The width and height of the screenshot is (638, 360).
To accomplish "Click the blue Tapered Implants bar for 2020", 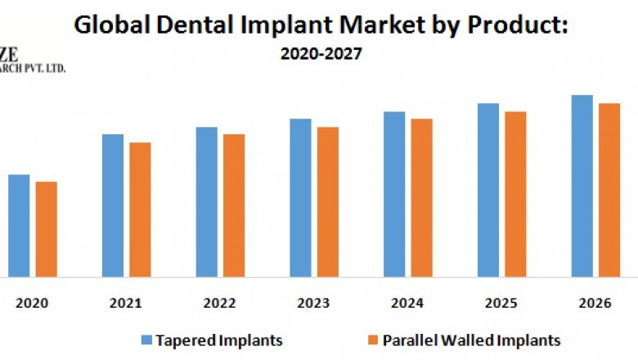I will [19, 225].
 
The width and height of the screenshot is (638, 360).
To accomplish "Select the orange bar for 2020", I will [47, 229].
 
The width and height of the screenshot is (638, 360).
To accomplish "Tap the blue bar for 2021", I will [113, 205].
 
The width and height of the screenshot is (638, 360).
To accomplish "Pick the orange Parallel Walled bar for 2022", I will [234, 205].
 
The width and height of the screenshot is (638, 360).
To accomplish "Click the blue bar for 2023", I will [300, 197].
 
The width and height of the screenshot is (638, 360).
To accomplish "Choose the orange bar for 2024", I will [421, 197].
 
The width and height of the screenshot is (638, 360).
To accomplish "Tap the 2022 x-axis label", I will [220, 303].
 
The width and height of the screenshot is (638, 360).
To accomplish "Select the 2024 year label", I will [407, 303].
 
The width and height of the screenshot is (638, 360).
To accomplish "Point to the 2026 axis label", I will [595, 303].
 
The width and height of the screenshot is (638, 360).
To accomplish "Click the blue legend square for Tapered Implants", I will [146, 339].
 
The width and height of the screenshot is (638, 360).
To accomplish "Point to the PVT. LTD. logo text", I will [43, 68].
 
